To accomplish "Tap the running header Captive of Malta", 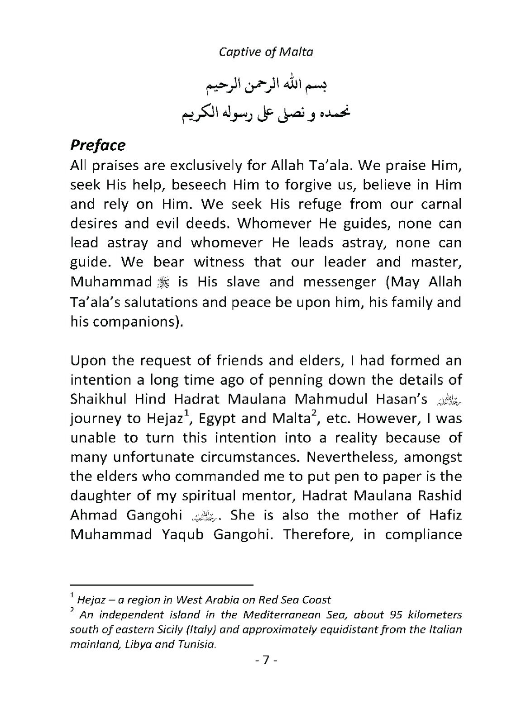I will point(266,52).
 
